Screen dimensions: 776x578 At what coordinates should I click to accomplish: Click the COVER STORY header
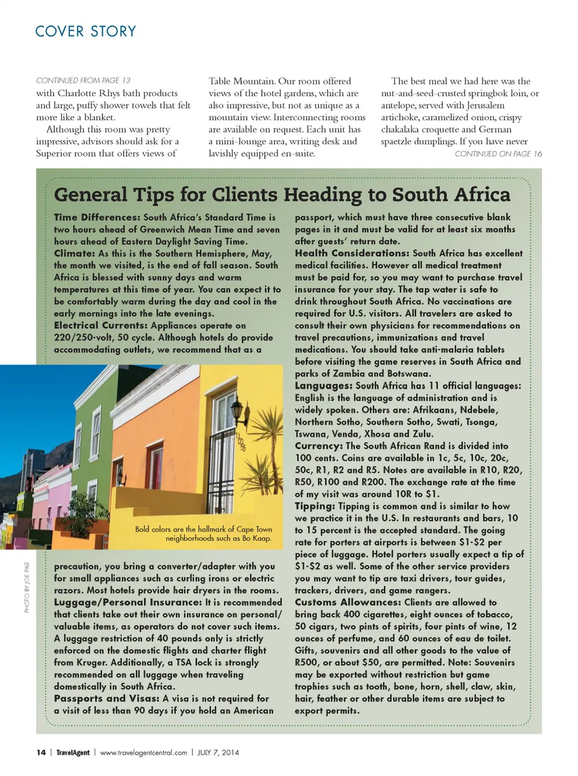tap(85, 31)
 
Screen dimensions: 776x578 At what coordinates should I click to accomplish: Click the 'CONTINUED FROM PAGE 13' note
tap(83, 80)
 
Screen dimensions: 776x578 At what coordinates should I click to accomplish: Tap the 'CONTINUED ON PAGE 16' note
tap(498, 153)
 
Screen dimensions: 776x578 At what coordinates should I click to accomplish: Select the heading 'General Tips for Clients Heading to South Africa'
tap(282, 194)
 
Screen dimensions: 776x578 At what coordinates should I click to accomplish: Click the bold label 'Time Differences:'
tap(97, 217)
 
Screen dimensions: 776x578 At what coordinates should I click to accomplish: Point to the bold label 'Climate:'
tap(75, 253)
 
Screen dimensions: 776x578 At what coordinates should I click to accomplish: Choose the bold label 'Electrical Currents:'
tap(101, 325)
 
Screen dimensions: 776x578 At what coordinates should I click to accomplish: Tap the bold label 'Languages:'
tap(323, 386)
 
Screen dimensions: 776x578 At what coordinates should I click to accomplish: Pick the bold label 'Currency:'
tap(319, 446)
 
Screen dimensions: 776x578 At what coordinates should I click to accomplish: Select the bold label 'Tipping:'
tap(315, 506)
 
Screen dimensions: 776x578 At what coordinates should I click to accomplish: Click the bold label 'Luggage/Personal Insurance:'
tap(128, 602)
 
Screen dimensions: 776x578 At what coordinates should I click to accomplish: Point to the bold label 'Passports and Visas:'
tap(107, 698)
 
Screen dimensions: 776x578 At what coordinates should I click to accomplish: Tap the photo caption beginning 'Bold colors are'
tap(204, 534)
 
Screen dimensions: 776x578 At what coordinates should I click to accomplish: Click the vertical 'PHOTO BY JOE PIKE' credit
tap(26, 587)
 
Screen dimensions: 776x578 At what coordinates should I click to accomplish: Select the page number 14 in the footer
tap(41, 752)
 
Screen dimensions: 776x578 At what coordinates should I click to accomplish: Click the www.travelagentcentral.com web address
tap(143, 752)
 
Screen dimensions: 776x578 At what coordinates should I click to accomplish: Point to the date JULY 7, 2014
tap(218, 752)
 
